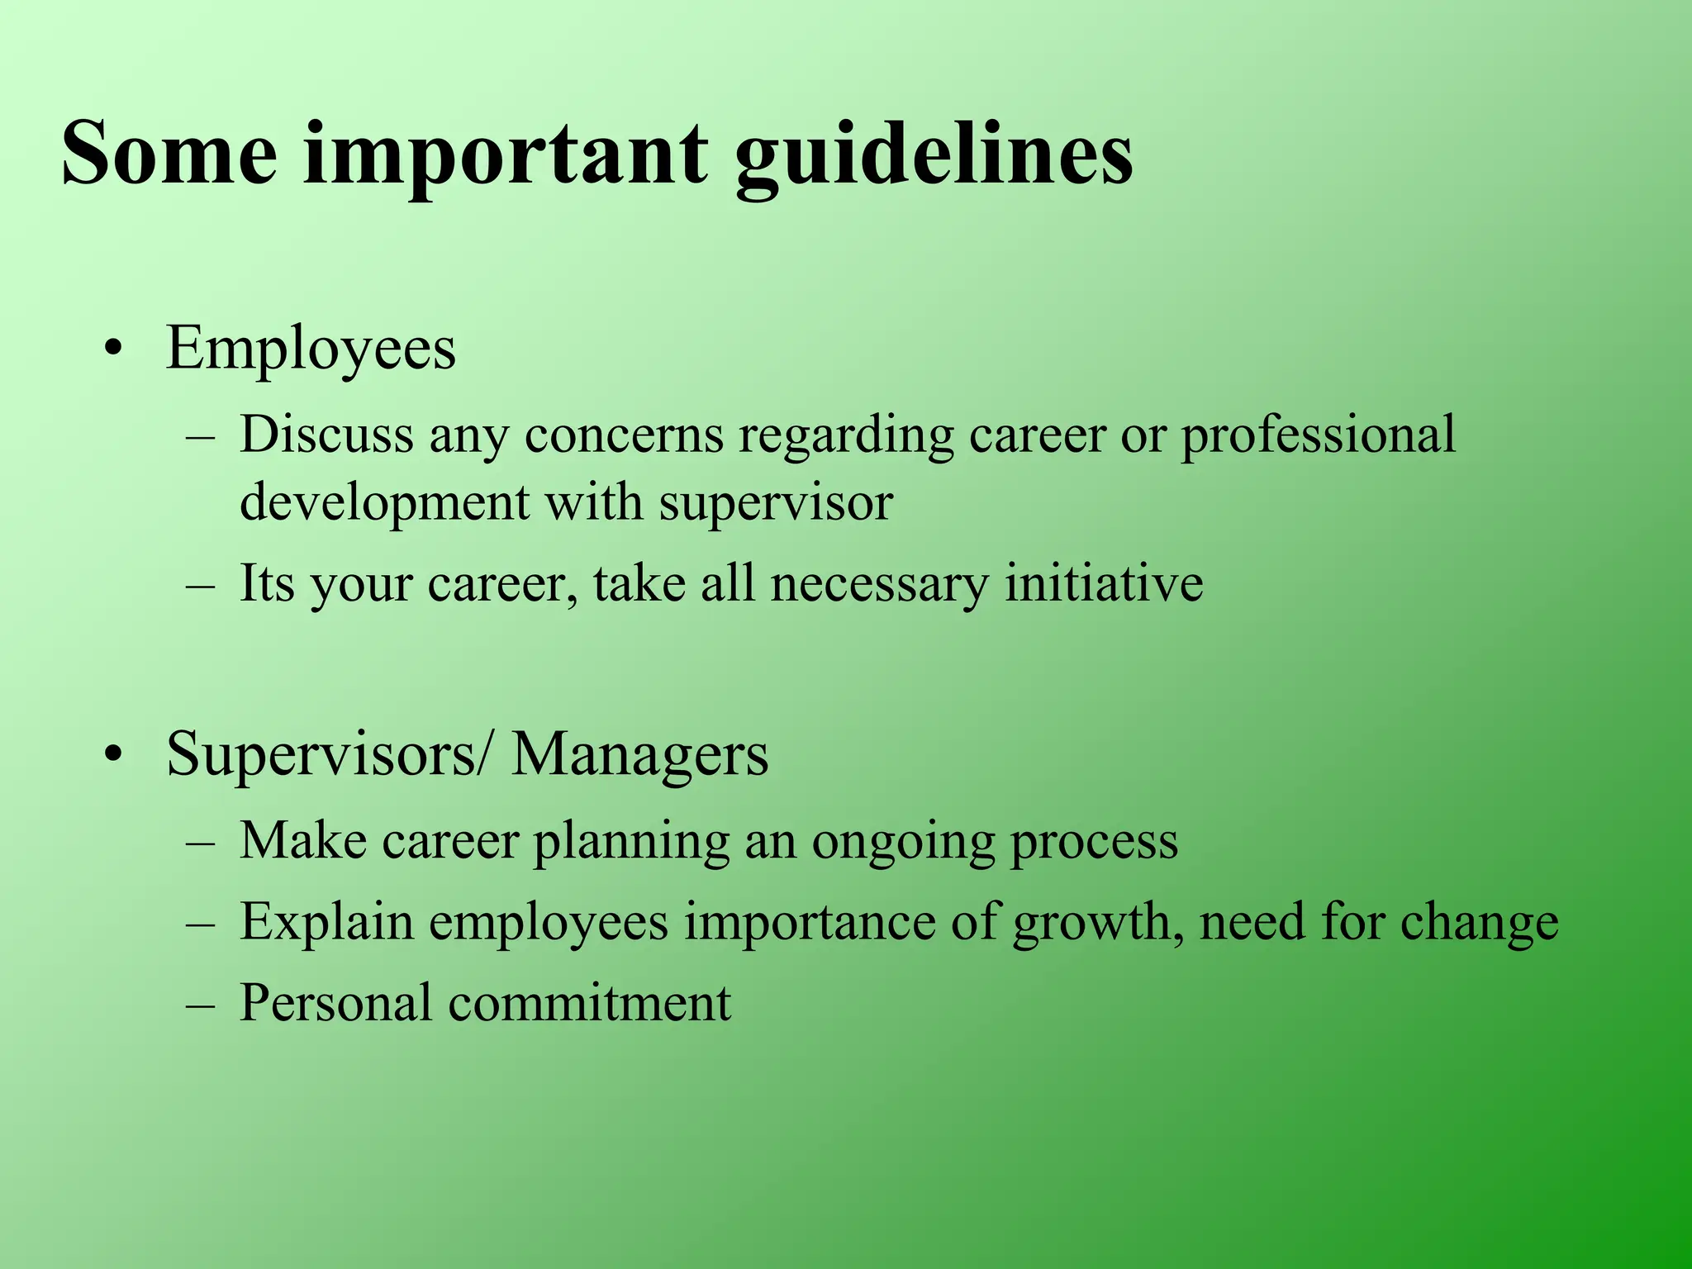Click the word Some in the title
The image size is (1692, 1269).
169,153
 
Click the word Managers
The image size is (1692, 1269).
639,755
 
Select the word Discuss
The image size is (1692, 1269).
326,435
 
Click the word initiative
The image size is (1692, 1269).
1104,583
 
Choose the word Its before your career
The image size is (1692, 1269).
267,583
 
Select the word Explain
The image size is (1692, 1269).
326,922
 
